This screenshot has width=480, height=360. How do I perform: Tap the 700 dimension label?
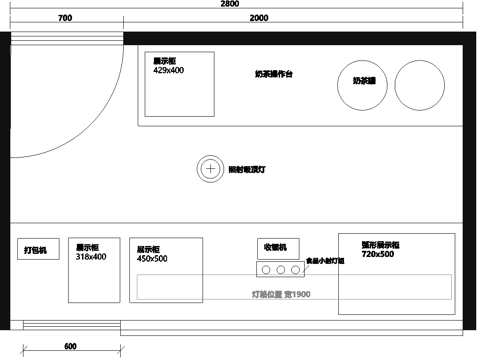[64, 19]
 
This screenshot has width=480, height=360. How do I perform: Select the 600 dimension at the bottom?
[70, 346]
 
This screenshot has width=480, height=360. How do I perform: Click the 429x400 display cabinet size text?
[168, 71]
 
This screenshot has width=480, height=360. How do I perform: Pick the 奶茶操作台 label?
[274, 75]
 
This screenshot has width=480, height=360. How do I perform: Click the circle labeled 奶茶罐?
[363, 81]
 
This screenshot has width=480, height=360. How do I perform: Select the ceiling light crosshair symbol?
[210, 169]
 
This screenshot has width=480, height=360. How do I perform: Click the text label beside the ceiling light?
[246, 170]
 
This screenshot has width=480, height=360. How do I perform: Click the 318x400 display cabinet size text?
[91, 257]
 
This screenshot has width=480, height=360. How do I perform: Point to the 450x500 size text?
[152, 259]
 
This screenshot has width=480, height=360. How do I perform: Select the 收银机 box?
[275, 247]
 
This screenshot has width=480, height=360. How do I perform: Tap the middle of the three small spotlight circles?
[281, 269]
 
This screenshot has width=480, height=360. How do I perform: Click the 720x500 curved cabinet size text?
[378, 254]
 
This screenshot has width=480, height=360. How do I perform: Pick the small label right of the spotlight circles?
[324, 261]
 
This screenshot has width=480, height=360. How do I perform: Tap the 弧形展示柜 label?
[380, 245]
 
